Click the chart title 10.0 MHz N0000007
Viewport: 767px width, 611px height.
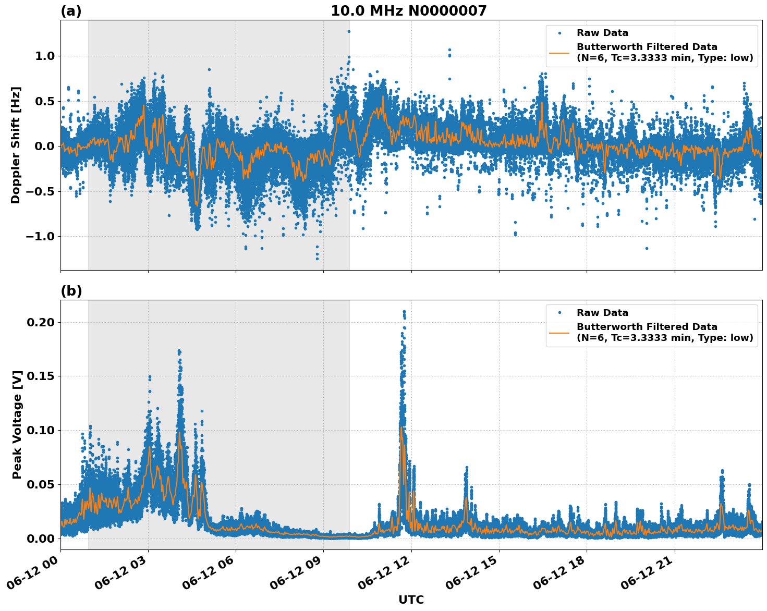click(408, 11)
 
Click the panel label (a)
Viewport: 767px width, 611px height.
click(71, 11)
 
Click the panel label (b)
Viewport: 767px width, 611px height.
click(71, 291)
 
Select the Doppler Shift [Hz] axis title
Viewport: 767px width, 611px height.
click(16, 145)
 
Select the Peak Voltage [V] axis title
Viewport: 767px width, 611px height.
click(17, 424)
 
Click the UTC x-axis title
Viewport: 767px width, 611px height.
click(411, 600)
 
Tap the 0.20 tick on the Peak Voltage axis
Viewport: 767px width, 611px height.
click(40, 322)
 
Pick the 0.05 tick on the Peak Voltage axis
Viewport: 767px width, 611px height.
click(40, 484)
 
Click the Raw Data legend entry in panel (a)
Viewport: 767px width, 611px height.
click(602, 33)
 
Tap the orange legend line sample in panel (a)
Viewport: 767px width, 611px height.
click(559, 53)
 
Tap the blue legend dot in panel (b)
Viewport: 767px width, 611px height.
click(559, 313)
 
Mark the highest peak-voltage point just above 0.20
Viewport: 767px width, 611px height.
click(404, 312)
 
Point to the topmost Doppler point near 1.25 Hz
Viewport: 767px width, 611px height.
click(349, 31)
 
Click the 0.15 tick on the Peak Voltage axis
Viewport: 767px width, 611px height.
click(40, 376)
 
